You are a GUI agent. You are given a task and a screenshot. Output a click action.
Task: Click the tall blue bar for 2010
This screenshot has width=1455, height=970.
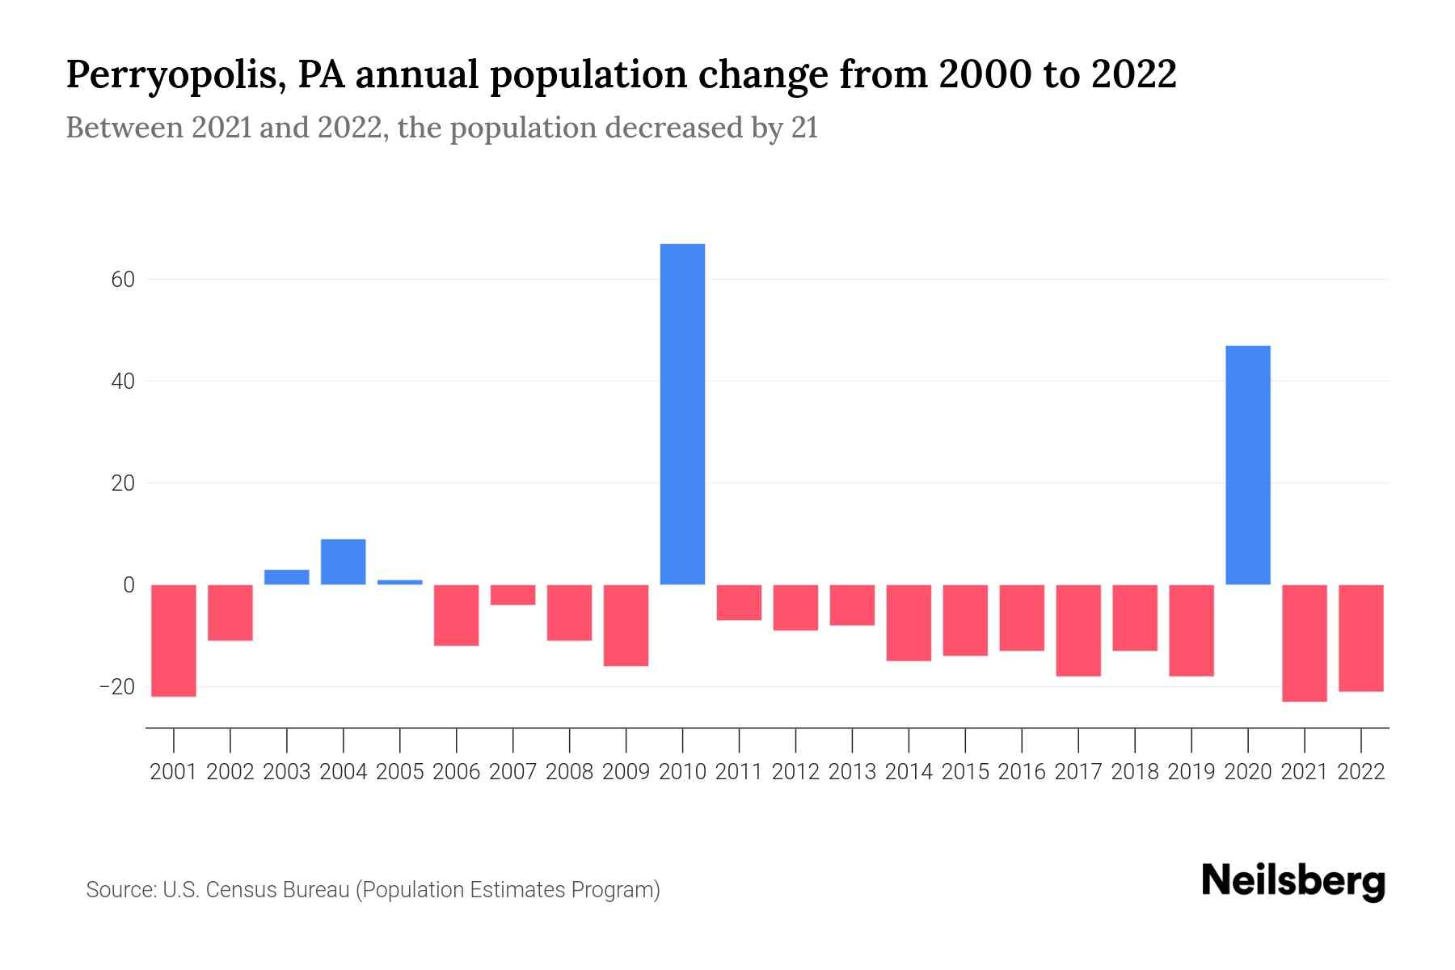pos(682,414)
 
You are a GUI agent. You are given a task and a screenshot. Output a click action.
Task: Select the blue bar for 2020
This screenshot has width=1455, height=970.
pos(1247,465)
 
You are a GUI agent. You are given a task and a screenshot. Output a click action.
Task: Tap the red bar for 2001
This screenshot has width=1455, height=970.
pos(174,640)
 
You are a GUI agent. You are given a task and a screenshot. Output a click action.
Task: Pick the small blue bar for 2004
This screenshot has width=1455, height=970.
pos(344,562)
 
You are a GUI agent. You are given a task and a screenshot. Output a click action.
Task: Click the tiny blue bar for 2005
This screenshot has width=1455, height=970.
pos(400,582)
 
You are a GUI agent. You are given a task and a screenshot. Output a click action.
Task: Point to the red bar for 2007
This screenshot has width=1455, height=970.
pos(512,595)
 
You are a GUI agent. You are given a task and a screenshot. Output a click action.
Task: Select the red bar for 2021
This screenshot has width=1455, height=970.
pos(1304,643)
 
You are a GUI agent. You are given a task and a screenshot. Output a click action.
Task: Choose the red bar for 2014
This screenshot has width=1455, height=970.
pos(909,622)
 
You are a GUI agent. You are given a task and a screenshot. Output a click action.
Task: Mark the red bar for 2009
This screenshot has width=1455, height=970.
pos(626,625)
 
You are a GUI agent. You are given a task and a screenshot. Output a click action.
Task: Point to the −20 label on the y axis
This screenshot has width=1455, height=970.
pos(116,687)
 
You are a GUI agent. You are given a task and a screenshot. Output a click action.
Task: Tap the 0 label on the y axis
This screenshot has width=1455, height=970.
pos(129,584)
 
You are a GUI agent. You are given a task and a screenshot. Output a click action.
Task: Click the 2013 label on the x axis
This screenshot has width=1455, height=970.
pos(852,772)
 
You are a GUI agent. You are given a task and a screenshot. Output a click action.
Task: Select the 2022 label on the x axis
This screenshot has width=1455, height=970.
pos(1361,772)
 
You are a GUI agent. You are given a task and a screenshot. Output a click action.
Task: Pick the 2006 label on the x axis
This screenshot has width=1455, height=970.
pos(457,772)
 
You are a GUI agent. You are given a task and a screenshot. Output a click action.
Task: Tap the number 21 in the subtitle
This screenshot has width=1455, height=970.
pos(804,128)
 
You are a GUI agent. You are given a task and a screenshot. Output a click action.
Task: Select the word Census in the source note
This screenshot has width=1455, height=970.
pos(241,890)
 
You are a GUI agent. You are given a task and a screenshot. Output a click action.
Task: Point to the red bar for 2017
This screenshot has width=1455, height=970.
pos(1078,630)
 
